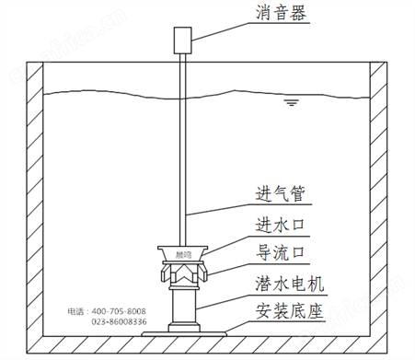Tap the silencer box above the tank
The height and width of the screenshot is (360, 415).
pos(181,40)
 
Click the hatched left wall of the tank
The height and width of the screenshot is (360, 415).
pos(36,203)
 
